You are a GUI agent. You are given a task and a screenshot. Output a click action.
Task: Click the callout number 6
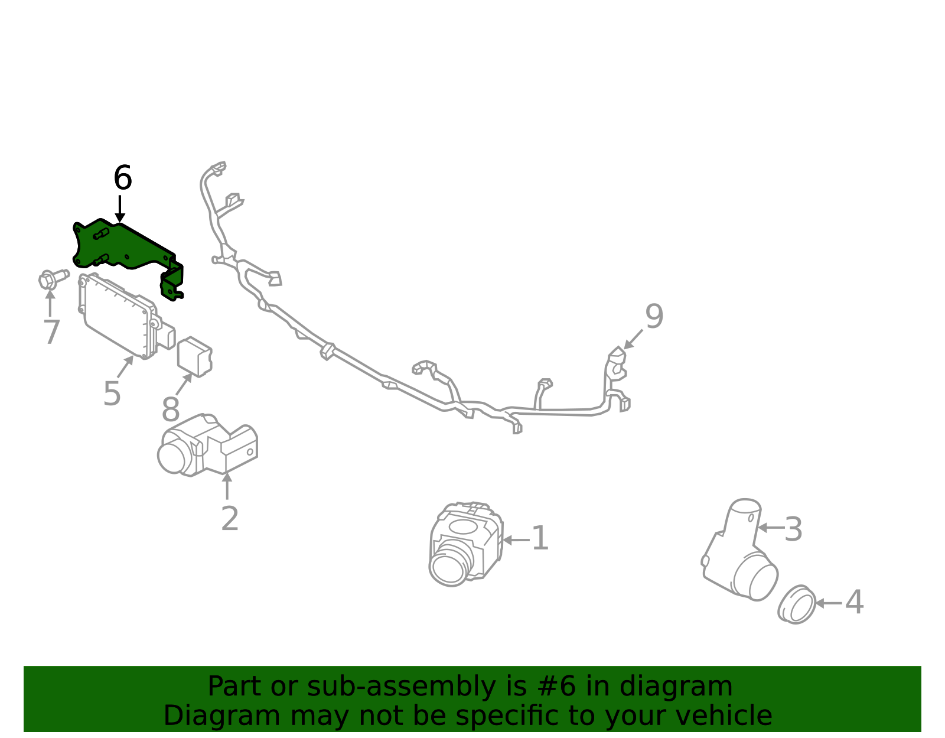pos(123,178)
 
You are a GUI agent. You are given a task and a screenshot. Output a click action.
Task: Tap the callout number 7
pos(52,332)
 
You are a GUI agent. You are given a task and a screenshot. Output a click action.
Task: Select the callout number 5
pos(112,394)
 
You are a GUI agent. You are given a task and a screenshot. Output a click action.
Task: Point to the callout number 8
pos(171,409)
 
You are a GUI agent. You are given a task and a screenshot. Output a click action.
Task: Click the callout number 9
pos(654,316)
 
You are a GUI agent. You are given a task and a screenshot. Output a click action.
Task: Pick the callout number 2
pos(230,518)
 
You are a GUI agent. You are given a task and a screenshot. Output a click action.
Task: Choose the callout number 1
pos(540,538)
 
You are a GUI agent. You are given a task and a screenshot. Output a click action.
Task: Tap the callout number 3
pos(793,529)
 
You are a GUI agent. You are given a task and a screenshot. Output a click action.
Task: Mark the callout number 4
pos(854,602)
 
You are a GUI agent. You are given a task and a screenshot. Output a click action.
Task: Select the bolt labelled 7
pos(53,278)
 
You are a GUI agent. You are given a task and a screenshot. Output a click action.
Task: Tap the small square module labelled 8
pos(195,357)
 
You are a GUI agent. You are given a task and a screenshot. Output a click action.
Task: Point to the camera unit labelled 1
pos(465,544)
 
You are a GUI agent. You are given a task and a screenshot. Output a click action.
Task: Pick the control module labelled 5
pos(126,316)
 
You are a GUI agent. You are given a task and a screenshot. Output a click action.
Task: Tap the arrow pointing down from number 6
pos(120,209)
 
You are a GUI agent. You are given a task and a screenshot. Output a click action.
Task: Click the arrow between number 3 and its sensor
pos(771,528)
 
